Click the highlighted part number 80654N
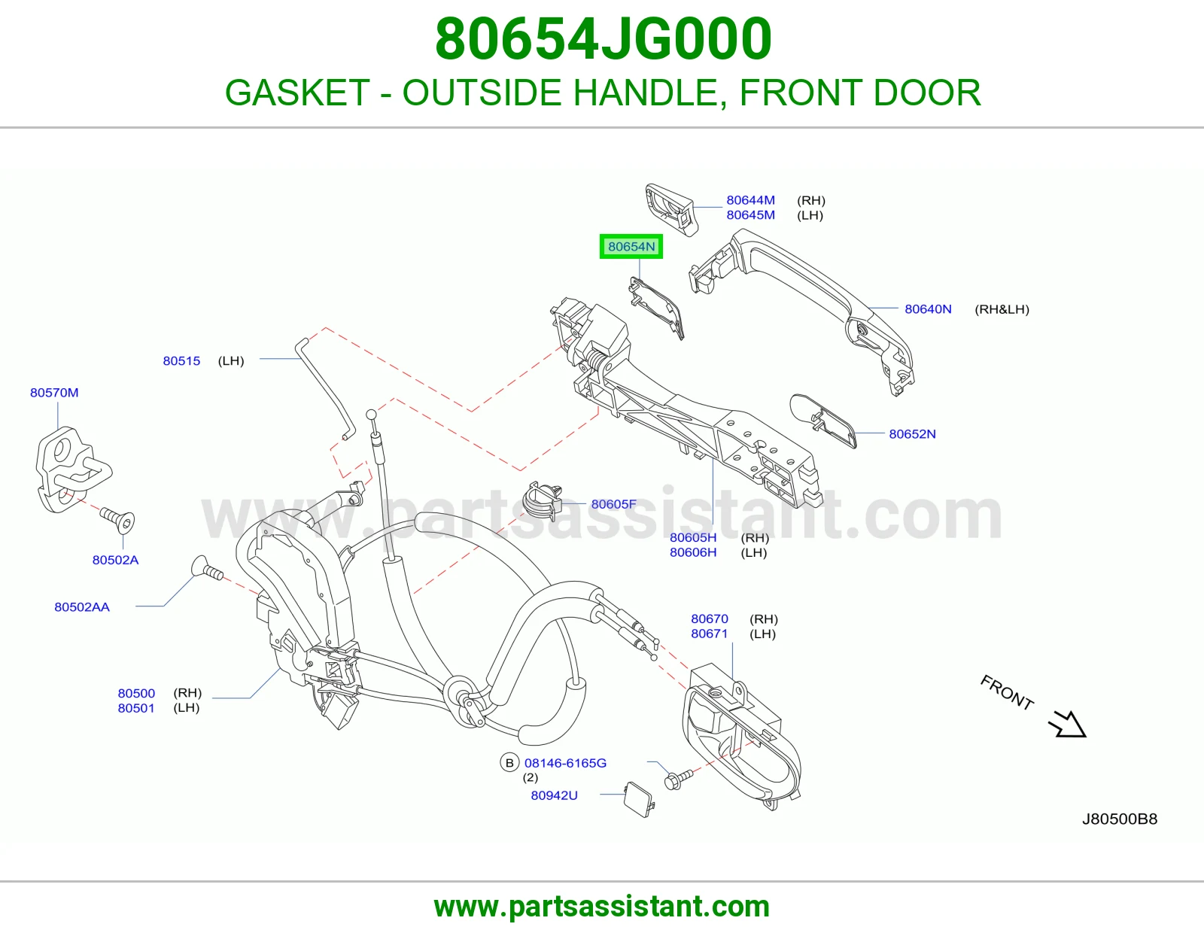click(631, 247)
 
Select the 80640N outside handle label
click(928, 309)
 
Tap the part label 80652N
click(912, 434)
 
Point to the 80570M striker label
click(54, 392)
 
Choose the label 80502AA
click(82, 606)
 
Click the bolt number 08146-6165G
click(565, 763)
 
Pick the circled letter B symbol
click(509, 763)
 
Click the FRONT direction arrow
click(1067, 724)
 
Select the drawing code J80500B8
click(1120, 819)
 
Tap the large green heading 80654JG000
click(603, 39)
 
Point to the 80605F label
click(613, 504)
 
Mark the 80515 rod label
click(181, 360)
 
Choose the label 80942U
click(554, 795)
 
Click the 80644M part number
click(750, 200)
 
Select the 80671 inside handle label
click(709, 634)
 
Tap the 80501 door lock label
click(136, 707)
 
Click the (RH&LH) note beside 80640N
click(1002, 309)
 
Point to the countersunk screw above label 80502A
click(117, 519)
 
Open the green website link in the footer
click(602, 907)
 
